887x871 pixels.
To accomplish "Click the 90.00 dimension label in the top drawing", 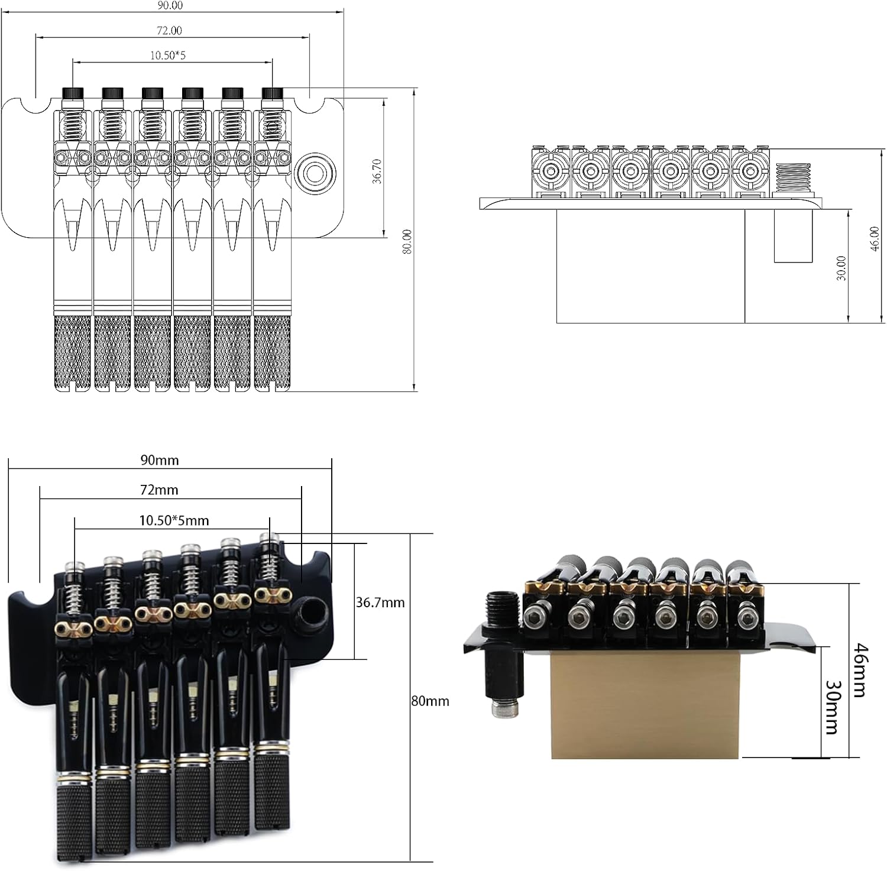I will click(x=170, y=5).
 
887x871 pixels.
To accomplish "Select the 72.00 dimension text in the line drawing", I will click(x=170, y=30).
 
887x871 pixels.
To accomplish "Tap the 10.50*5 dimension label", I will click(x=167, y=56).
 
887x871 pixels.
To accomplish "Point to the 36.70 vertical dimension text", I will click(x=377, y=171).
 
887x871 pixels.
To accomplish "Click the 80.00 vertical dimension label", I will click(x=407, y=242).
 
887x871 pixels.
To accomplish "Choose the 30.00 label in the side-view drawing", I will click(x=842, y=267).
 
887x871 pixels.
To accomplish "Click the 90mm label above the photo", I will click(x=159, y=460).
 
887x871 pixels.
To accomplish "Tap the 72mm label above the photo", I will click(x=159, y=490).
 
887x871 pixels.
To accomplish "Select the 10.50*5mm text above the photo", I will click(x=174, y=520).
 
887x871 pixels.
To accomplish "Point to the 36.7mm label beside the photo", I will click(x=380, y=603).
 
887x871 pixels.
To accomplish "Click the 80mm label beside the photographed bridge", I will click(x=430, y=701).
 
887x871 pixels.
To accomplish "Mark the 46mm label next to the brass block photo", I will click(x=860, y=671).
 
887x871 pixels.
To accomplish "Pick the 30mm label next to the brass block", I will click(x=831, y=705).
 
